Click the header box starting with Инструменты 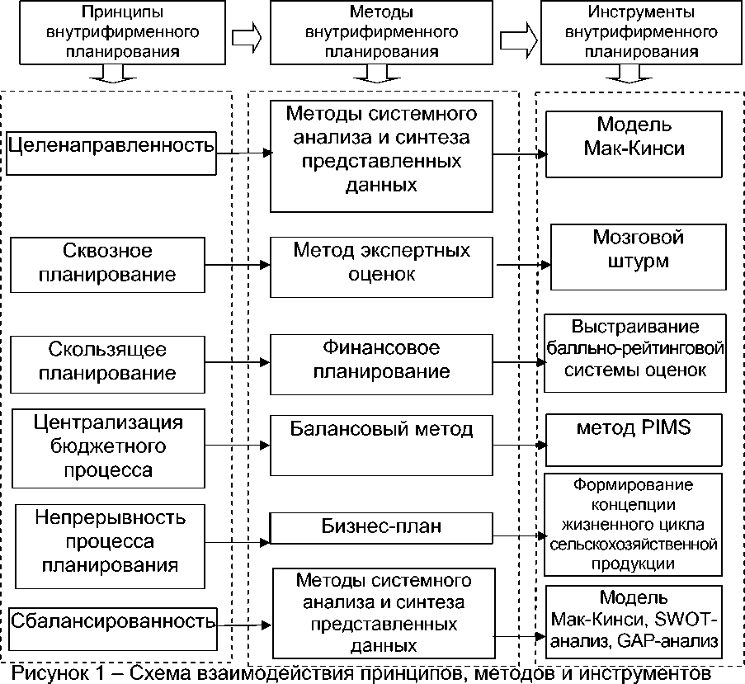[x=641, y=31]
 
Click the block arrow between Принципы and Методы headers [x=246, y=36]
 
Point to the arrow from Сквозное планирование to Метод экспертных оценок [x=238, y=265]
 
